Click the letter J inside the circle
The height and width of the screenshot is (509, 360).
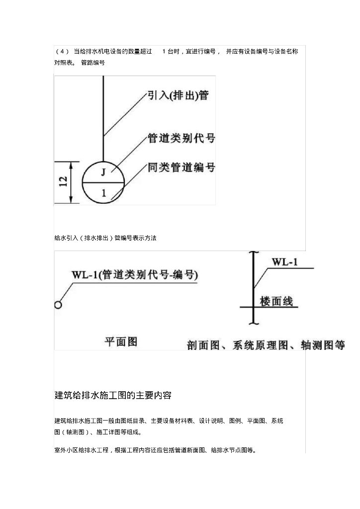(x=103, y=172)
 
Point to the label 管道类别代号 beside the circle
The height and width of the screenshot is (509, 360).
(x=181, y=138)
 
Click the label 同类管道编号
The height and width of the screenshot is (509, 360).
(x=181, y=168)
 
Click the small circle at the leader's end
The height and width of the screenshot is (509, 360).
(x=58, y=305)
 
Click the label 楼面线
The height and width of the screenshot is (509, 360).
(x=276, y=301)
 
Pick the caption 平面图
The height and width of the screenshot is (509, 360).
(x=120, y=341)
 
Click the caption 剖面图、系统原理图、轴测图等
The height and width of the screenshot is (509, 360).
(x=266, y=345)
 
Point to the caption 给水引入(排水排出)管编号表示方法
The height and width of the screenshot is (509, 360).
(x=105, y=238)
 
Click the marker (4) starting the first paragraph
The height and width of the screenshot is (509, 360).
(x=62, y=52)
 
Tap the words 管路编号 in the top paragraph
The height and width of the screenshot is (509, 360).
(x=93, y=63)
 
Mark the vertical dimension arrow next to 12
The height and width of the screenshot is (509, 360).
(x=72, y=182)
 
